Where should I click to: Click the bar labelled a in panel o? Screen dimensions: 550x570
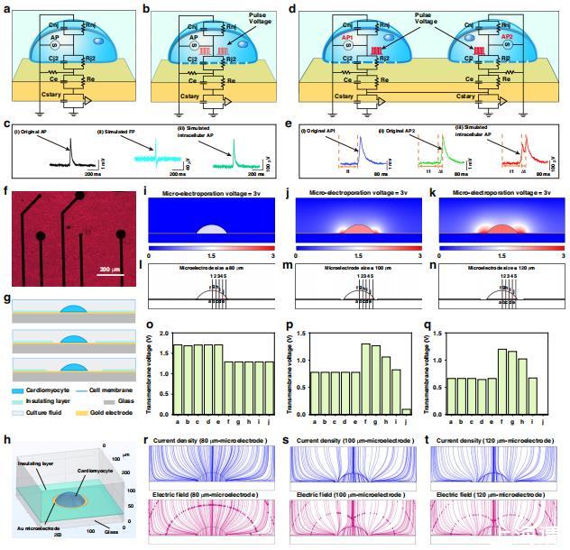pos(178,379)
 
